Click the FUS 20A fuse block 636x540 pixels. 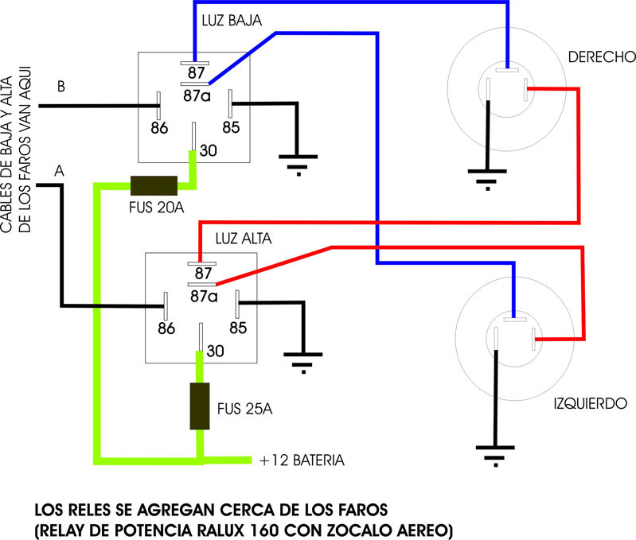click(154, 185)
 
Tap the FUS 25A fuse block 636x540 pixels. click(199, 407)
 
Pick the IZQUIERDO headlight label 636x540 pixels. click(591, 402)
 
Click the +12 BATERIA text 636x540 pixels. click(302, 460)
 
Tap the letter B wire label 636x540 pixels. click(61, 87)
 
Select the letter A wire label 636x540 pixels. click(58, 170)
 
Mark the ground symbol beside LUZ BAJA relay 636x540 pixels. click(298, 164)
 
